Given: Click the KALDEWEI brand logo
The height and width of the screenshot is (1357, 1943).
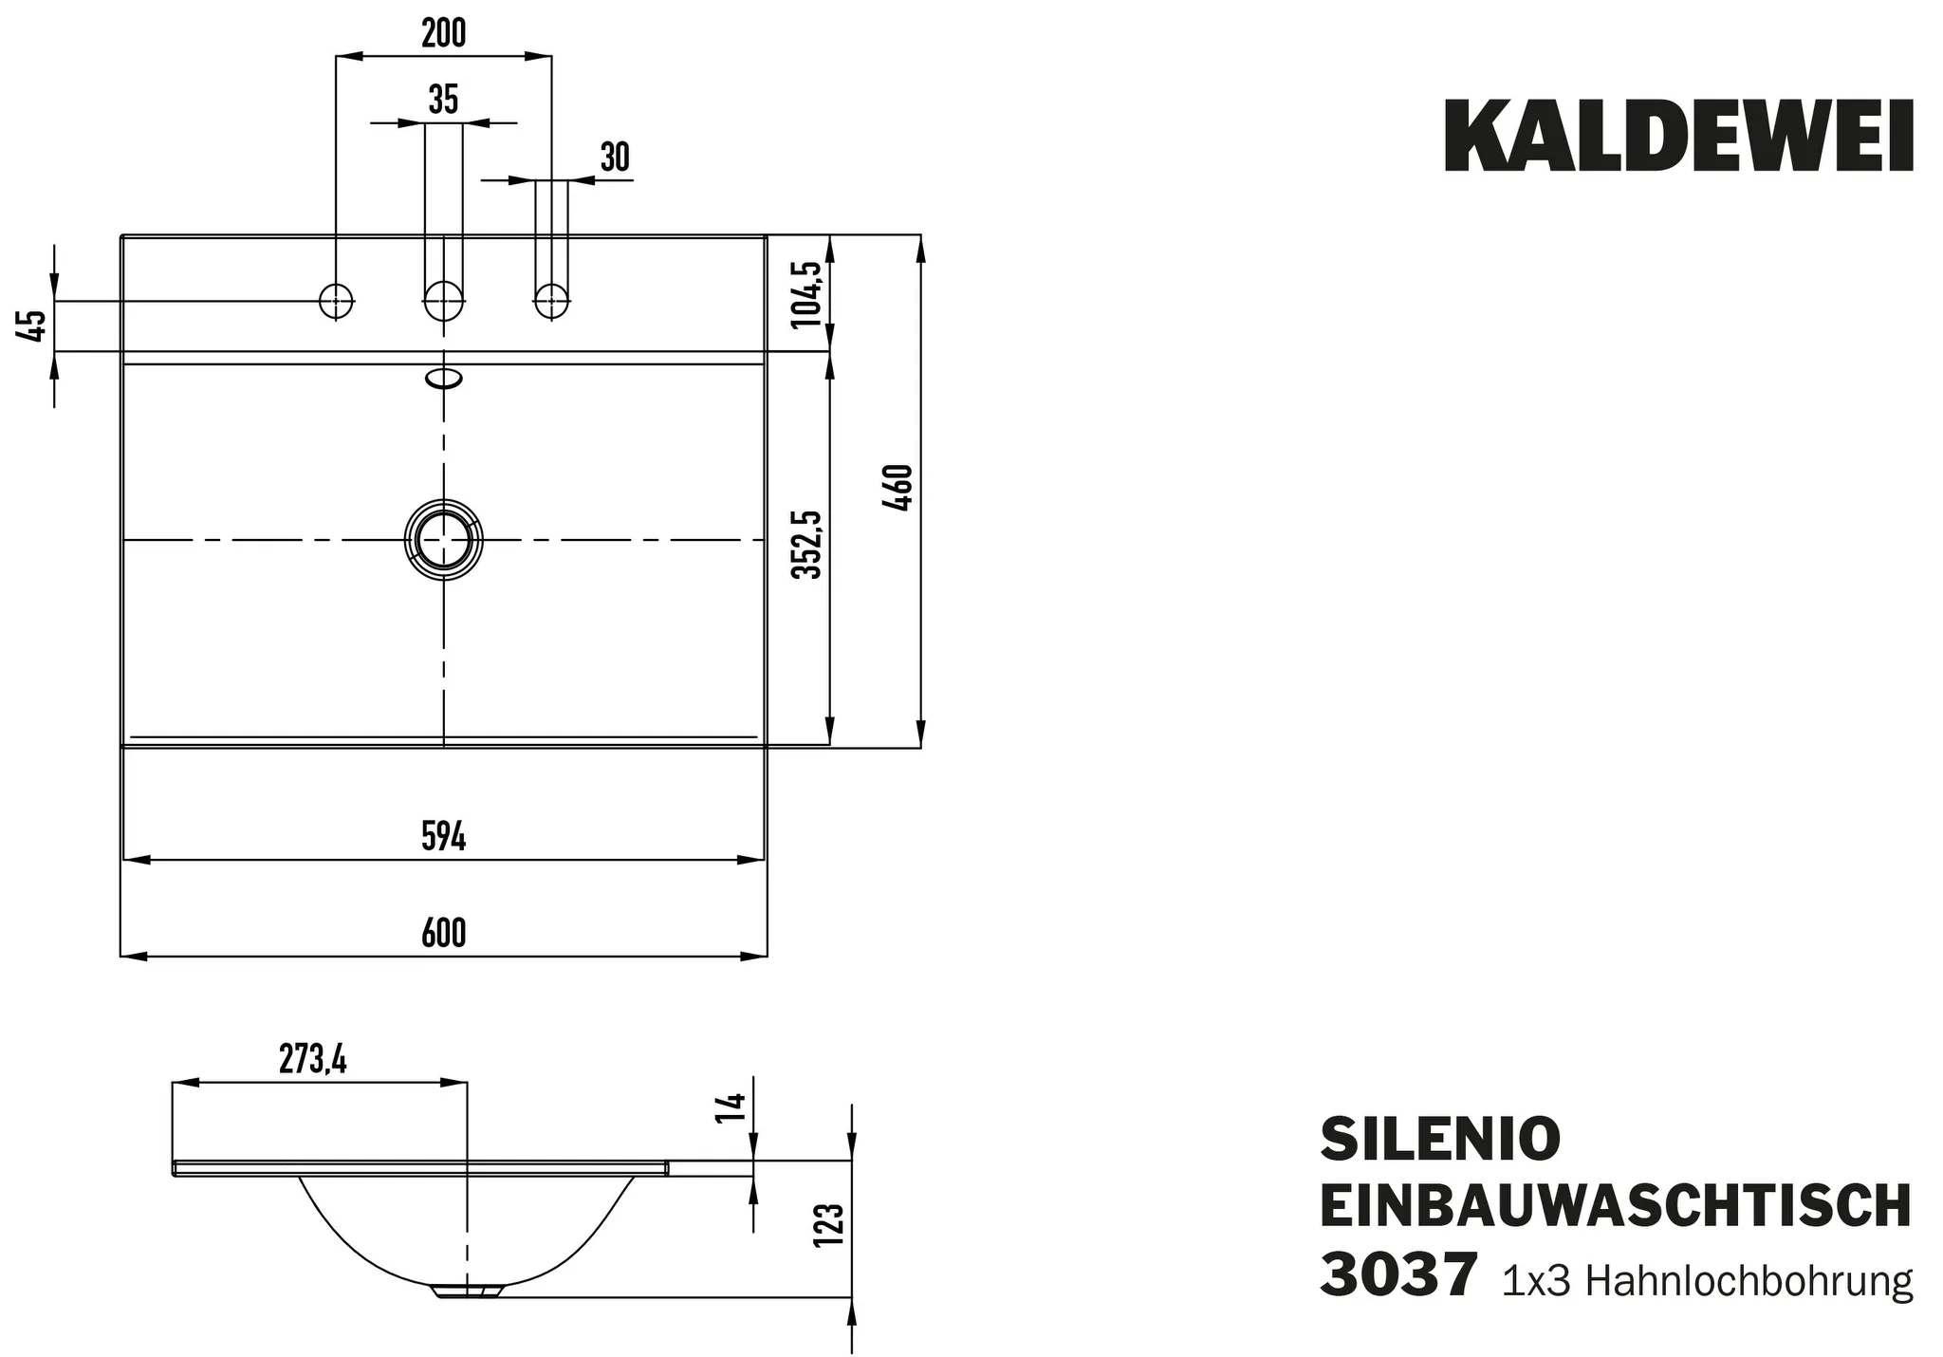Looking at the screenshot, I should [x=1677, y=139].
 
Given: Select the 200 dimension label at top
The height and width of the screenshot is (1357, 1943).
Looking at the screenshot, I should [x=443, y=33].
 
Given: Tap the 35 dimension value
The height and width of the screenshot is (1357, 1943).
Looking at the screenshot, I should [x=443, y=99].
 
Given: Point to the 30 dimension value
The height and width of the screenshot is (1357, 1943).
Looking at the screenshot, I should [x=615, y=158].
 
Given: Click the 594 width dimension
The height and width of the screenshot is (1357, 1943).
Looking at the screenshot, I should [x=443, y=836].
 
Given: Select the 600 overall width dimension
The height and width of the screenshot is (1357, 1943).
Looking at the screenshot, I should [x=443, y=933].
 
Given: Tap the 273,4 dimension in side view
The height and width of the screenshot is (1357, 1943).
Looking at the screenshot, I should [x=312, y=1059].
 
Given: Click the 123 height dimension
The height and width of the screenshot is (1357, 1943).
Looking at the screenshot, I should [x=828, y=1224].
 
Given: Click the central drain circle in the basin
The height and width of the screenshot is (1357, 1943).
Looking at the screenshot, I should [x=443, y=539].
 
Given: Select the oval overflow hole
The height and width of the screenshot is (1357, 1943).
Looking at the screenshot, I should [x=443, y=380].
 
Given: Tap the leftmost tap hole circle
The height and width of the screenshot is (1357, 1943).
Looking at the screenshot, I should [x=336, y=301].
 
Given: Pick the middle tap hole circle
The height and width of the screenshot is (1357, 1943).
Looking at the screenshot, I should [x=443, y=301].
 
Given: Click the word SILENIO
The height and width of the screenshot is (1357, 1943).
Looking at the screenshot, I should [x=1440, y=1139].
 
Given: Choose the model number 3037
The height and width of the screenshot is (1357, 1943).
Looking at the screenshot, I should [x=1398, y=1275].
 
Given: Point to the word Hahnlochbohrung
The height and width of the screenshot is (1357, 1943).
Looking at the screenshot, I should [x=1749, y=1281].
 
